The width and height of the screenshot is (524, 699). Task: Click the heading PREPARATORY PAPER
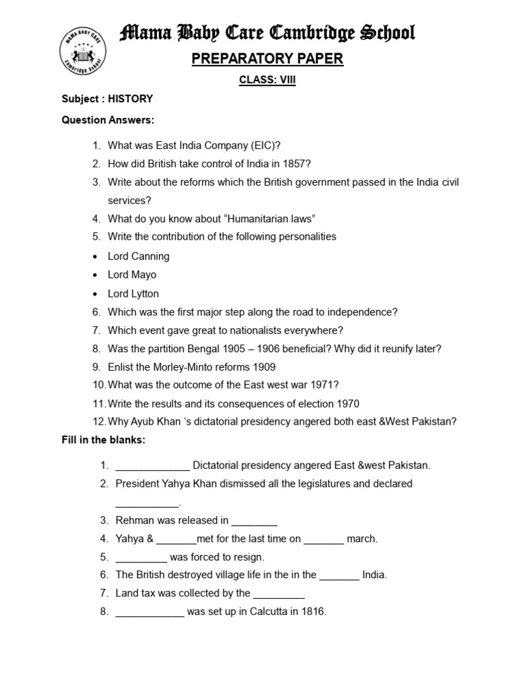pos(267,59)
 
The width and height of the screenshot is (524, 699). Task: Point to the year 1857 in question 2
pos(297,164)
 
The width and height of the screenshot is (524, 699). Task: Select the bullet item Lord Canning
pos(139,256)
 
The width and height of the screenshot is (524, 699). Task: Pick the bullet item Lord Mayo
pos(132,274)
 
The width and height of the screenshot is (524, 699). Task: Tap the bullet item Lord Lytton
pos(133,294)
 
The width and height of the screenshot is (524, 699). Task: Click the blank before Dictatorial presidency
pos(153,466)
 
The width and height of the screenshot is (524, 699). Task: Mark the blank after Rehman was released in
pos(254,521)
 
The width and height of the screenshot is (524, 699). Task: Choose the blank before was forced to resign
pos(141,558)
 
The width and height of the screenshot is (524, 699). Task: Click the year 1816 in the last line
pos(313,612)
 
